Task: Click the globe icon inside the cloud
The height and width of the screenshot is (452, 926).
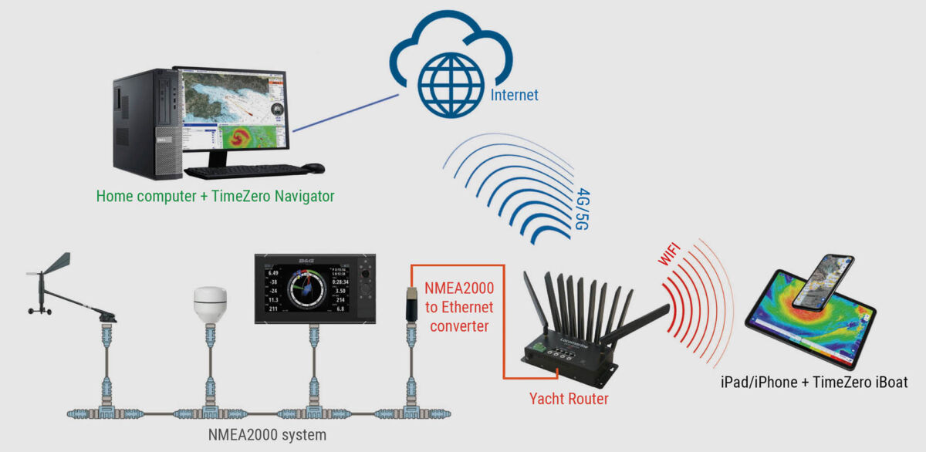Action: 451,84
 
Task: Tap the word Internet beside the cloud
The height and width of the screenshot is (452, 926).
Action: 515,96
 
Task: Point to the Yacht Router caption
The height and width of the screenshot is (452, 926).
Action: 569,399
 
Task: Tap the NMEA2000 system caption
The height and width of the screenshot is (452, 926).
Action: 267,435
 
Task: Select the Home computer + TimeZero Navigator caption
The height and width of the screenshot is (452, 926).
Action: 215,196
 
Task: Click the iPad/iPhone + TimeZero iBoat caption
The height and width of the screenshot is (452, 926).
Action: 814,382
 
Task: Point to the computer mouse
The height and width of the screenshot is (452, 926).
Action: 313,167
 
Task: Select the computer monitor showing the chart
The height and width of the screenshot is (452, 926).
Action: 232,108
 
